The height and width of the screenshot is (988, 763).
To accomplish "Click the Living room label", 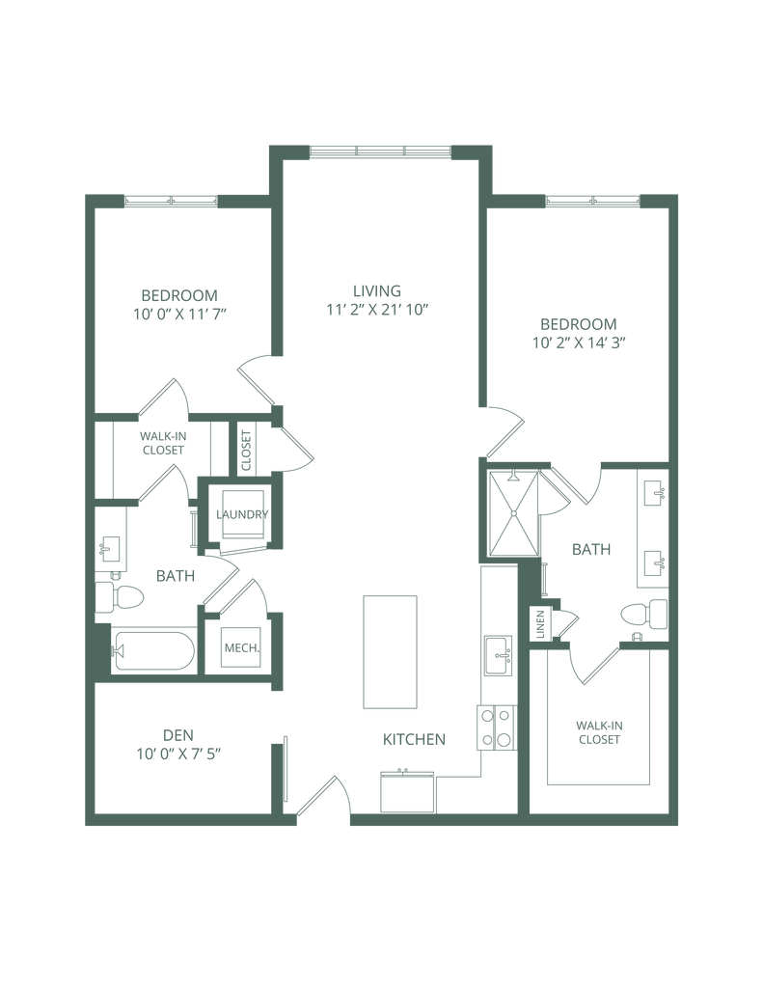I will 376,290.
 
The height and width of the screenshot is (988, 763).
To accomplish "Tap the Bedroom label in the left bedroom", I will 178,294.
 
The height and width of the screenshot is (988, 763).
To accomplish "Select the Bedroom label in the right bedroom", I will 578,322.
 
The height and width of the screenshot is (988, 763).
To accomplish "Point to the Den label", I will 173,731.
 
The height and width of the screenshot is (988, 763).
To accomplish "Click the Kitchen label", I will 415,740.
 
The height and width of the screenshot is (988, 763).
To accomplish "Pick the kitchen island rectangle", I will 390,651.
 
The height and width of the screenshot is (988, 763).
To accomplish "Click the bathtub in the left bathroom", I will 152,652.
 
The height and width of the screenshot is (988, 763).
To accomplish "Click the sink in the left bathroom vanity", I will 110,550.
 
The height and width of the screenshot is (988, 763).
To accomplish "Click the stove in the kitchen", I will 495,729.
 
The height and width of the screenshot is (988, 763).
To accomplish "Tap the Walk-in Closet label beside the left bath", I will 163,443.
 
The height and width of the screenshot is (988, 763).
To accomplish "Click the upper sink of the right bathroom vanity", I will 653,494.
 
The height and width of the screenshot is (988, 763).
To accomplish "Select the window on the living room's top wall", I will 377,151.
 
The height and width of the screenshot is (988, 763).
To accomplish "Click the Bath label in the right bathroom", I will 590,551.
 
